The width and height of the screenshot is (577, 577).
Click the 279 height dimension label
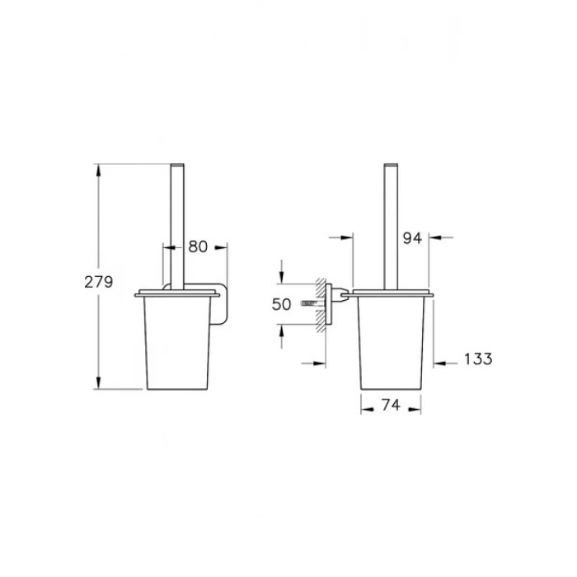(99, 282)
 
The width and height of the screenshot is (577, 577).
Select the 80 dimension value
(198, 247)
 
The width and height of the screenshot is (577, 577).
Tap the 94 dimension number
(412, 238)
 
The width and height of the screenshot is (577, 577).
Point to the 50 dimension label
(281, 304)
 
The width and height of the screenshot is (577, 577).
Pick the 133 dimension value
(478, 359)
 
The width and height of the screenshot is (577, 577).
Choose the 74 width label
(391, 406)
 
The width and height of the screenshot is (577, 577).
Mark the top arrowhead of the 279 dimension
(98, 170)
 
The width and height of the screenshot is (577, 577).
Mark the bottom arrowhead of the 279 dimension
(98, 382)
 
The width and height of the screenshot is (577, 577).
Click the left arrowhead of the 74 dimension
(367, 410)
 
